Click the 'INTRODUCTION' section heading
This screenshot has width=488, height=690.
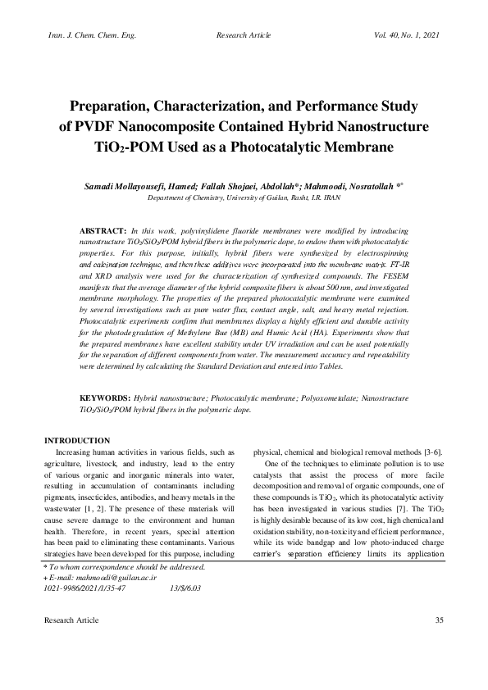click(77, 441)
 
